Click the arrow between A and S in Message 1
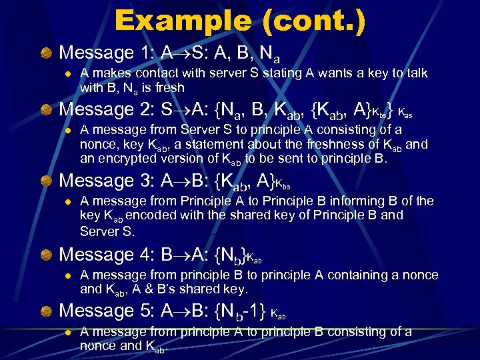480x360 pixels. pos(173,53)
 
